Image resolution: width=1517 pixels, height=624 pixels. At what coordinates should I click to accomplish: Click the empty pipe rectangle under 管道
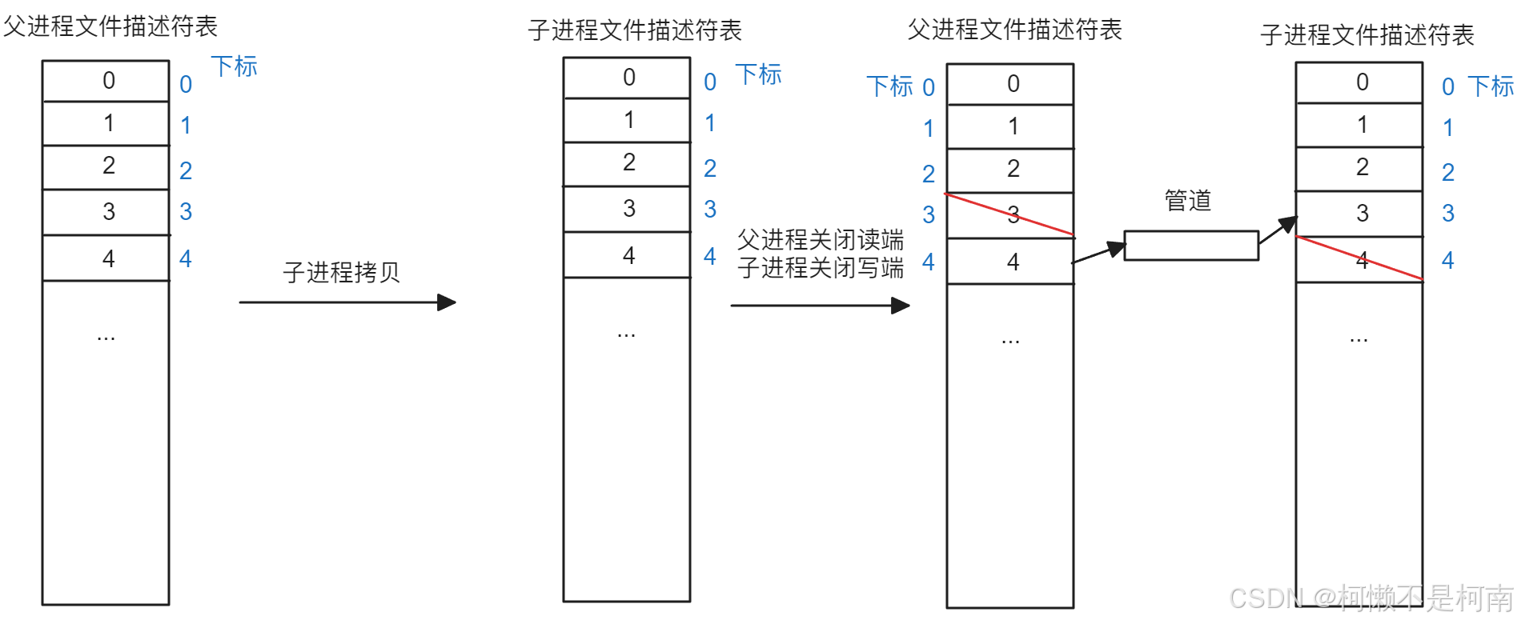(1191, 246)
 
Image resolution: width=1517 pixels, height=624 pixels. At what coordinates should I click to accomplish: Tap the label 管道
(1188, 200)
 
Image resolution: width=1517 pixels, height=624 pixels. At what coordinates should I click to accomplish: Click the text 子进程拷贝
(341, 272)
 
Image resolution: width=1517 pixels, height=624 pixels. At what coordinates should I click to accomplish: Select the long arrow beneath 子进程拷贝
(347, 302)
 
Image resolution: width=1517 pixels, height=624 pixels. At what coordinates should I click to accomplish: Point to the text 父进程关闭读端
(821, 239)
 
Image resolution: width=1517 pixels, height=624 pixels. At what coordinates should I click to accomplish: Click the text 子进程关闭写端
(821, 267)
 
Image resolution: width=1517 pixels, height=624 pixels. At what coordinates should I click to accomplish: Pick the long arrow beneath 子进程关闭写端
(820, 305)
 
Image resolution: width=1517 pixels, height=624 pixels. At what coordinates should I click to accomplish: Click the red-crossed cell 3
(1010, 215)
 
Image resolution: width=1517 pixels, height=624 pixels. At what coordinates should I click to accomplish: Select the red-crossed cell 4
(1359, 259)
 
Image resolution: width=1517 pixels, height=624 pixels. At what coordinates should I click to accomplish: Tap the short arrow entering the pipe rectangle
(1098, 254)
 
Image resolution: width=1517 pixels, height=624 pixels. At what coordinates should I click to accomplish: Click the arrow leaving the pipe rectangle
(1278, 230)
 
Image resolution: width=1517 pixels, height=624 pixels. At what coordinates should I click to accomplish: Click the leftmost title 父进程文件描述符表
(110, 26)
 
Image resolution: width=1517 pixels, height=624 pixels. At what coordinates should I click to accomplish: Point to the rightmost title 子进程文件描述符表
(1367, 34)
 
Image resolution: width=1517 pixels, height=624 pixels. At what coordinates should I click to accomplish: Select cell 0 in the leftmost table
(106, 81)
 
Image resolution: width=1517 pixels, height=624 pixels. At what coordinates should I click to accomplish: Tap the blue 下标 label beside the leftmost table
(234, 66)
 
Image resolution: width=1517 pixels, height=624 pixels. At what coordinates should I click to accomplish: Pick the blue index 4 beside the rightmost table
(1447, 260)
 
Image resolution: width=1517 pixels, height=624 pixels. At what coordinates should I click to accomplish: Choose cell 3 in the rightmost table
(1359, 213)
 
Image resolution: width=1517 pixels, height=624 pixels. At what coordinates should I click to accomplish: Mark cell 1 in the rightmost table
(1359, 125)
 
